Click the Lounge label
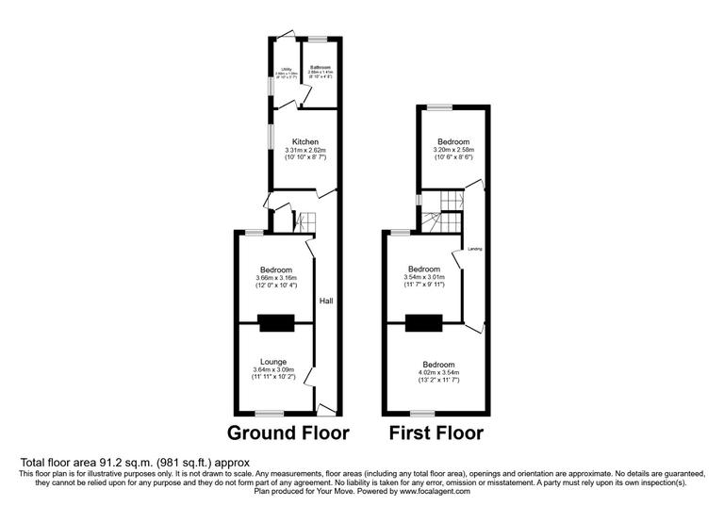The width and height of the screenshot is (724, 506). click(274, 361)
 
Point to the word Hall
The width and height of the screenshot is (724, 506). click(326, 301)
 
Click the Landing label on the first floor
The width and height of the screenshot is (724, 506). click(475, 249)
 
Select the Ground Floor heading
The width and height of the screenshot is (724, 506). click(287, 433)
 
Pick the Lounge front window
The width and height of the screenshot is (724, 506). click(271, 413)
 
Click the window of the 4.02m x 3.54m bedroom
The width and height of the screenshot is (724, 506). click(421, 413)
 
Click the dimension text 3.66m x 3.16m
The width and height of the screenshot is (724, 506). click(275, 278)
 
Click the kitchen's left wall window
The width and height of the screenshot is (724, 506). click(268, 138)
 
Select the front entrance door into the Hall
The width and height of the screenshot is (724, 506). click(327, 408)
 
